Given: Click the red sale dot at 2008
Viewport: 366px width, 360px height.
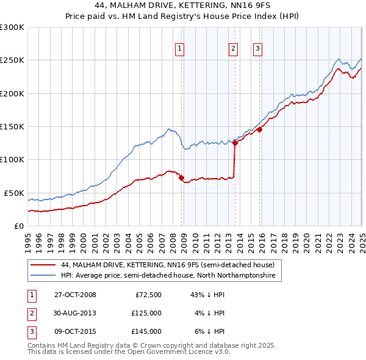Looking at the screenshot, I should pos(182,178).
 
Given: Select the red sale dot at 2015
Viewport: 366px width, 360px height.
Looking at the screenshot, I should pos(259,129).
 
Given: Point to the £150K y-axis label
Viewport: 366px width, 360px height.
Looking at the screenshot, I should pos(12,127).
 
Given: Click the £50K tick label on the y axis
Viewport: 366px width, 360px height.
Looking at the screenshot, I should pos(15,193).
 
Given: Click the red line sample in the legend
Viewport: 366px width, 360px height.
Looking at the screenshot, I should pos(43,265).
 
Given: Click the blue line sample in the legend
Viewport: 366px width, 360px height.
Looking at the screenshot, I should pos(43,276).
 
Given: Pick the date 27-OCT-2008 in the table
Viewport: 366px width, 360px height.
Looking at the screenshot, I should pos(75,295).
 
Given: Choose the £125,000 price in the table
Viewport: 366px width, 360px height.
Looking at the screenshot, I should pos(146,313).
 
